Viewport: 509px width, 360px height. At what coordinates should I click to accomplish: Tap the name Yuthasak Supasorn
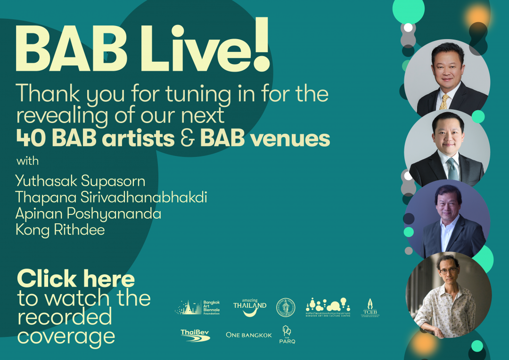click(80, 181)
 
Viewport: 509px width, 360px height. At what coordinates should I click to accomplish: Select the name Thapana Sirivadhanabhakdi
click(111, 197)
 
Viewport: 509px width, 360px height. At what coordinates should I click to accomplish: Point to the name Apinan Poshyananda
click(88, 213)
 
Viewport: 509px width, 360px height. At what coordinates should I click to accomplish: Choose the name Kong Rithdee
click(60, 230)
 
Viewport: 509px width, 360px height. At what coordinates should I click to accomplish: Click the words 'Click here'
click(76, 279)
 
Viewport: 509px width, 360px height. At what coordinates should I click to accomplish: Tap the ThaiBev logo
click(195, 335)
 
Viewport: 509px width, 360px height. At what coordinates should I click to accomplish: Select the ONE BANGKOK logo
click(249, 335)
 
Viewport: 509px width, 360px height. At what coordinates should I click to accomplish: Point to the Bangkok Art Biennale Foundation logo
click(197, 307)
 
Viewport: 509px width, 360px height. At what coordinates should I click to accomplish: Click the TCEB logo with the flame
click(370, 308)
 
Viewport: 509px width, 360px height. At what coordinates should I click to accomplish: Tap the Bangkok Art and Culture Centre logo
click(328, 307)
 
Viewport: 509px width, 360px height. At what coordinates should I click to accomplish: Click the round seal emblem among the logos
click(286, 307)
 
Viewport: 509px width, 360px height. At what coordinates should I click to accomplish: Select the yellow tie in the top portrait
click(444, 100)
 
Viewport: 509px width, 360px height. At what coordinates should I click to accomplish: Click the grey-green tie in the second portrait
click(452, 168)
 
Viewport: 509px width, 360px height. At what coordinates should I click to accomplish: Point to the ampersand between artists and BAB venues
click(187, 138)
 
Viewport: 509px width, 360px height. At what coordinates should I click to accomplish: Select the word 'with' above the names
click(27, 161)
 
